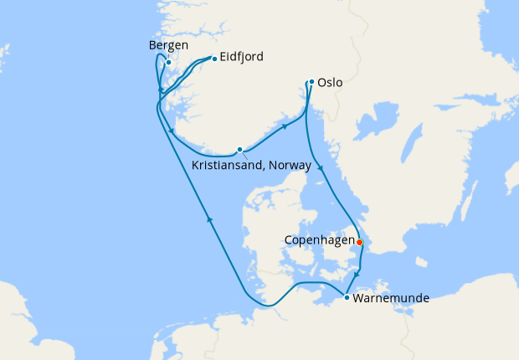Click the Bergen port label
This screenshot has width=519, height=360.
pos(167,45)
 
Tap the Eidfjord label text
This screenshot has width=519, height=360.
pos(243,58)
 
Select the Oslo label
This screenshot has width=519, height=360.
pos(331,83)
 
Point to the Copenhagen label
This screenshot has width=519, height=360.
pos(319,240)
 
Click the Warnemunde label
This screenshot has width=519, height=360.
pos(392,298)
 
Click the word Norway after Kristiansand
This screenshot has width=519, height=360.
pos(287,166)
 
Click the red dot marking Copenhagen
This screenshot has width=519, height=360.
pos(360,242)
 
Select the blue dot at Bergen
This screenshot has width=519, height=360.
pos(168,62)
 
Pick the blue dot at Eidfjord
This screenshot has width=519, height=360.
pos(215,59)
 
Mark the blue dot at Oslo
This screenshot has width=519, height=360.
pos(311,82)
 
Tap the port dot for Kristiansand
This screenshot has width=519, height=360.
pos(239,150)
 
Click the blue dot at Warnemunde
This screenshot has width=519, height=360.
pos(347,296)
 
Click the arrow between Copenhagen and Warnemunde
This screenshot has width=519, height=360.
pos(357,275)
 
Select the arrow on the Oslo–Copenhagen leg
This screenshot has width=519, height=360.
pos(319,167)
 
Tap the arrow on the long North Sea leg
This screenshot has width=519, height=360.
pos(209,220)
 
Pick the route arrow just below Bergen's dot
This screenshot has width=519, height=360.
pos(160,89)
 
